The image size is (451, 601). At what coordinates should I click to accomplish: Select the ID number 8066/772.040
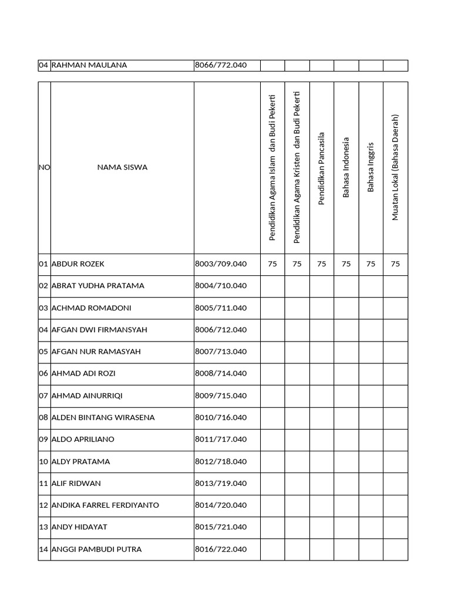(x=220, y=65)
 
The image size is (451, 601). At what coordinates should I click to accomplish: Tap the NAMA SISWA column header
(x=122, y=167)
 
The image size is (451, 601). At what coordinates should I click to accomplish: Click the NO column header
(x=44, y=167)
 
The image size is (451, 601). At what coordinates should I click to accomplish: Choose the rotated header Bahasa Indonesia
(x=346, y=167)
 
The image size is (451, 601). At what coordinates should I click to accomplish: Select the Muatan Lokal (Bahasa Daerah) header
(x=395, y=167)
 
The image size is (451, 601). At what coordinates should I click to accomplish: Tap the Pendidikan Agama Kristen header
(x=297, y=167)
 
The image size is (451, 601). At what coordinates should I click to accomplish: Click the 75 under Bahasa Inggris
(x=371, y=264)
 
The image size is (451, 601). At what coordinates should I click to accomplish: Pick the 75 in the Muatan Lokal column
(x=395, y=264)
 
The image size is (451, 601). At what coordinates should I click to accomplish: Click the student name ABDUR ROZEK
(x=78, y=264)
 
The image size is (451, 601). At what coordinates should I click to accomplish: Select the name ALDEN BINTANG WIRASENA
(x=103, y=418)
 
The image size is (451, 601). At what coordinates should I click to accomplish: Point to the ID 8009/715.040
(x=220, y=396)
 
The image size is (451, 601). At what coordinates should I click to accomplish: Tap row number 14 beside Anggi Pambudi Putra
(x=43, y=549)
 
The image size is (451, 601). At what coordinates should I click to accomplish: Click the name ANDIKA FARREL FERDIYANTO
(x=105, y=505)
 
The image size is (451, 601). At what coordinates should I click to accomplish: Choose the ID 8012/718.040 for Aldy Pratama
(x=220, y=461)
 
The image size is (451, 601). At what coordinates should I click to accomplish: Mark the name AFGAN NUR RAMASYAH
(x=96, y=352)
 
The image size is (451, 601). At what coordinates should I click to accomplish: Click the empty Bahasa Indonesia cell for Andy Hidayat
(x=346, y=528)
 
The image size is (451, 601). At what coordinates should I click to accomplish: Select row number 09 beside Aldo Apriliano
(x=43, y=440)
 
